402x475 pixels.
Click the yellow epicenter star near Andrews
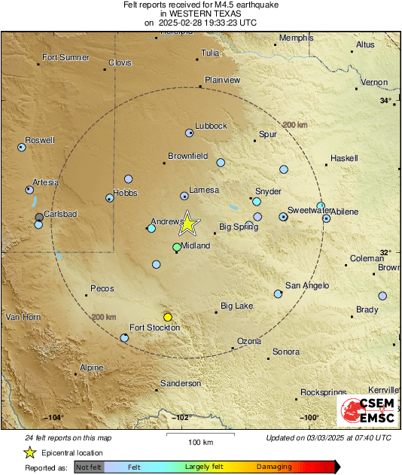coord(188,223)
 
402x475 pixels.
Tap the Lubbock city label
coord(211,126)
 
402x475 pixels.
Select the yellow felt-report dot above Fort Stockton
coord(168,317)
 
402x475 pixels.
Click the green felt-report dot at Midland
coord(177,247)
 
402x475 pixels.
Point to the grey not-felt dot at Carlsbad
coord(39,218)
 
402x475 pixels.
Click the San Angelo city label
coord(305,285)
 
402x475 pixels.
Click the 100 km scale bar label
coord(200,442)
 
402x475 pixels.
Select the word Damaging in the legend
coord(274,467)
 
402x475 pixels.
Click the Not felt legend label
coord(89,467)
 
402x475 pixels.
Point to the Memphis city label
coord(296,38)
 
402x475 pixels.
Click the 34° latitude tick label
coord(385,101)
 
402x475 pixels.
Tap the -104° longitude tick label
coord(53,418)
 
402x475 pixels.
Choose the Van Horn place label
coord(22,317)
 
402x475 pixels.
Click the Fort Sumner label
coord(65,57)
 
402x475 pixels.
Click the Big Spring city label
coord(239,226)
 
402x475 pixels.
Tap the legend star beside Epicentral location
coord(30,452)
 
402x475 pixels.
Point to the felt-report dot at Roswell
coord(22,148)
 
